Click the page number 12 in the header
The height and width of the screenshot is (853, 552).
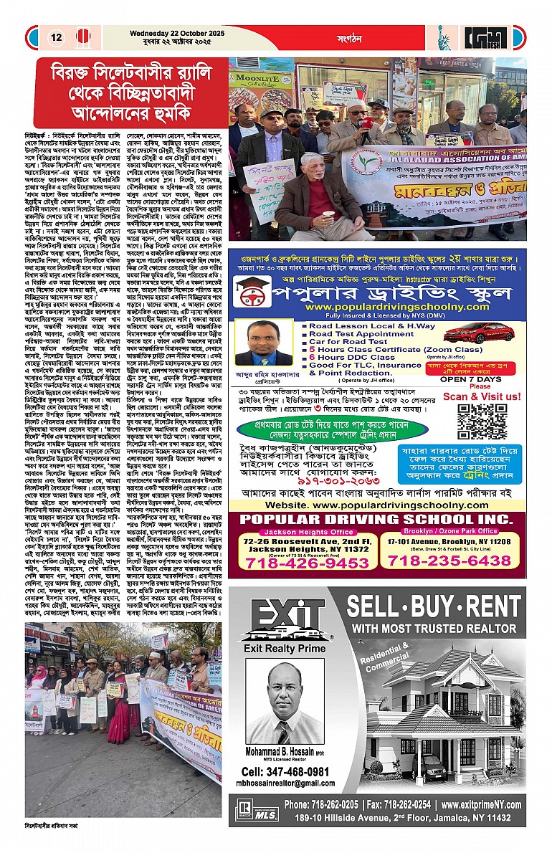tap(55, 37)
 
